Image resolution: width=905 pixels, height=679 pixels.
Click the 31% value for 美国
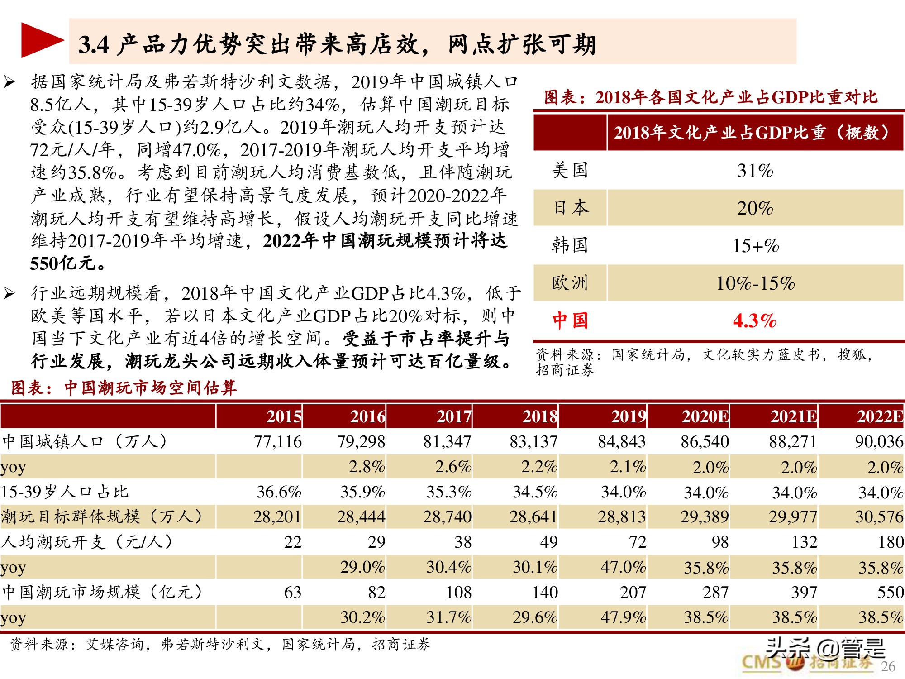[x=755, y=171]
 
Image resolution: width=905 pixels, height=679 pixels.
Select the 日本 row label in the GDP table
[x=570, y=208]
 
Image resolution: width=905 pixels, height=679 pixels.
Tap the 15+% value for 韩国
[x=755, y=246]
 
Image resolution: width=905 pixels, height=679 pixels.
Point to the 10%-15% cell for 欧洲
[x=755, y=283]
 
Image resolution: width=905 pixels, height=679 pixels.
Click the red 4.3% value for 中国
[x=754, y=321]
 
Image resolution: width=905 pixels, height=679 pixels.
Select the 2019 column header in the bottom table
[x=628, y=416]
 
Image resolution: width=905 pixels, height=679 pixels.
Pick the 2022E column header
[x=879, y=416]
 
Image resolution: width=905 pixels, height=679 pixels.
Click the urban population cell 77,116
[x=277, y=442]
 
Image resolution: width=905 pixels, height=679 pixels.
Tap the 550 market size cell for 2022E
[x=890, y=592]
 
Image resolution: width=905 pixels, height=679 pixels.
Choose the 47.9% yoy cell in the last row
[x=623, y=617]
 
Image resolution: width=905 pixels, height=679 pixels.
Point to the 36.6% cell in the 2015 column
[x=279, y=492]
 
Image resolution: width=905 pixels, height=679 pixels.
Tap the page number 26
[x=888, y=666]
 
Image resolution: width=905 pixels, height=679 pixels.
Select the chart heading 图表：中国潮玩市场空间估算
[x=124, y=388]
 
